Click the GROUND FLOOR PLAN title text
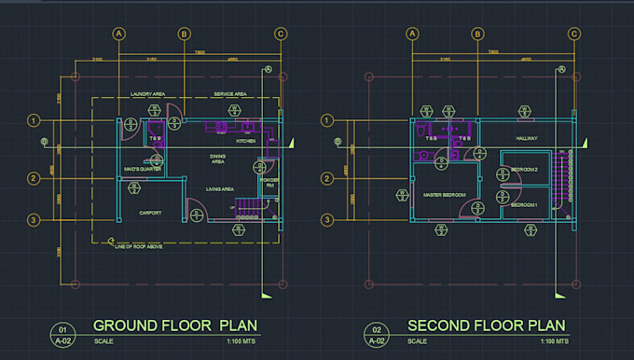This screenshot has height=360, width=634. point(175,325)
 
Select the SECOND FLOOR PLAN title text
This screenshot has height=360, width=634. point(487,325)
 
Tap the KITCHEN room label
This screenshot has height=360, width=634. point(245,141)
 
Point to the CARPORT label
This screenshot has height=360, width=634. point(150,213)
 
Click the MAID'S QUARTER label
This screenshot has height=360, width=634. point(145,169)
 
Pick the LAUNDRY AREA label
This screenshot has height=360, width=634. point(147,94)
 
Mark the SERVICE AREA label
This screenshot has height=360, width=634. point(229,94)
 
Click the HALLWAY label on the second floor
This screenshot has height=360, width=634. point(528,138)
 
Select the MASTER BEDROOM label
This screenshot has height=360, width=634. point(444,195)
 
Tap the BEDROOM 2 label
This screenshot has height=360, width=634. point(525,170)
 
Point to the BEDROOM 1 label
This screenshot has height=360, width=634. point(525,204)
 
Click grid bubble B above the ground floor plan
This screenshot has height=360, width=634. point(185,35)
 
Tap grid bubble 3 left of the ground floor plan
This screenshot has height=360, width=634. point(34,220)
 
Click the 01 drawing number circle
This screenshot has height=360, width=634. point(63,330)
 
